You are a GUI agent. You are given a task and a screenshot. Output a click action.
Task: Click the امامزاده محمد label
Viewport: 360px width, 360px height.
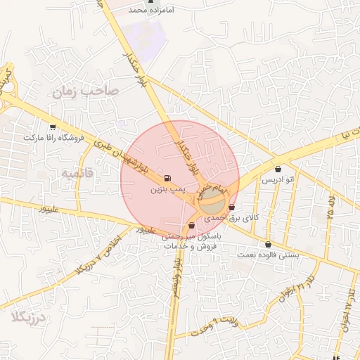[x=149, y=11]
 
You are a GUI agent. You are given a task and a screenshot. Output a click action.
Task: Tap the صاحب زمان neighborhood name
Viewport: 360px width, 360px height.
[x=84, y=91]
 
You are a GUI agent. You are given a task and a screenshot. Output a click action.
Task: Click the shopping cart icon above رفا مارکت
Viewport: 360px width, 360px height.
[x=53, y=127]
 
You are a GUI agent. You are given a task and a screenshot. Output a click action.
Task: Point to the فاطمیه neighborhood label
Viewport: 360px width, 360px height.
[x=77, y=173]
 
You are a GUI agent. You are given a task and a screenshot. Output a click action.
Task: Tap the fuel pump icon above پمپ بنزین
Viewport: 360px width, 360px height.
[x=167, y=179]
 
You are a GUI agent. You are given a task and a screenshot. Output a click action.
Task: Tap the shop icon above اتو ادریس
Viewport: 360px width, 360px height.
[x=278, y=169]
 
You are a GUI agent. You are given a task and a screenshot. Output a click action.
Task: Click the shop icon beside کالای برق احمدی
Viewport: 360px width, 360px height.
[x=231, y=207]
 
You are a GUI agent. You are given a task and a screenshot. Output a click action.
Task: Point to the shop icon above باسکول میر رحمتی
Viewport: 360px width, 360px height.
[x=192, y=226]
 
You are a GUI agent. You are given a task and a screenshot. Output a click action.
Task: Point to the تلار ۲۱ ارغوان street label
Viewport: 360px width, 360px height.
[x=293, y=290]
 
